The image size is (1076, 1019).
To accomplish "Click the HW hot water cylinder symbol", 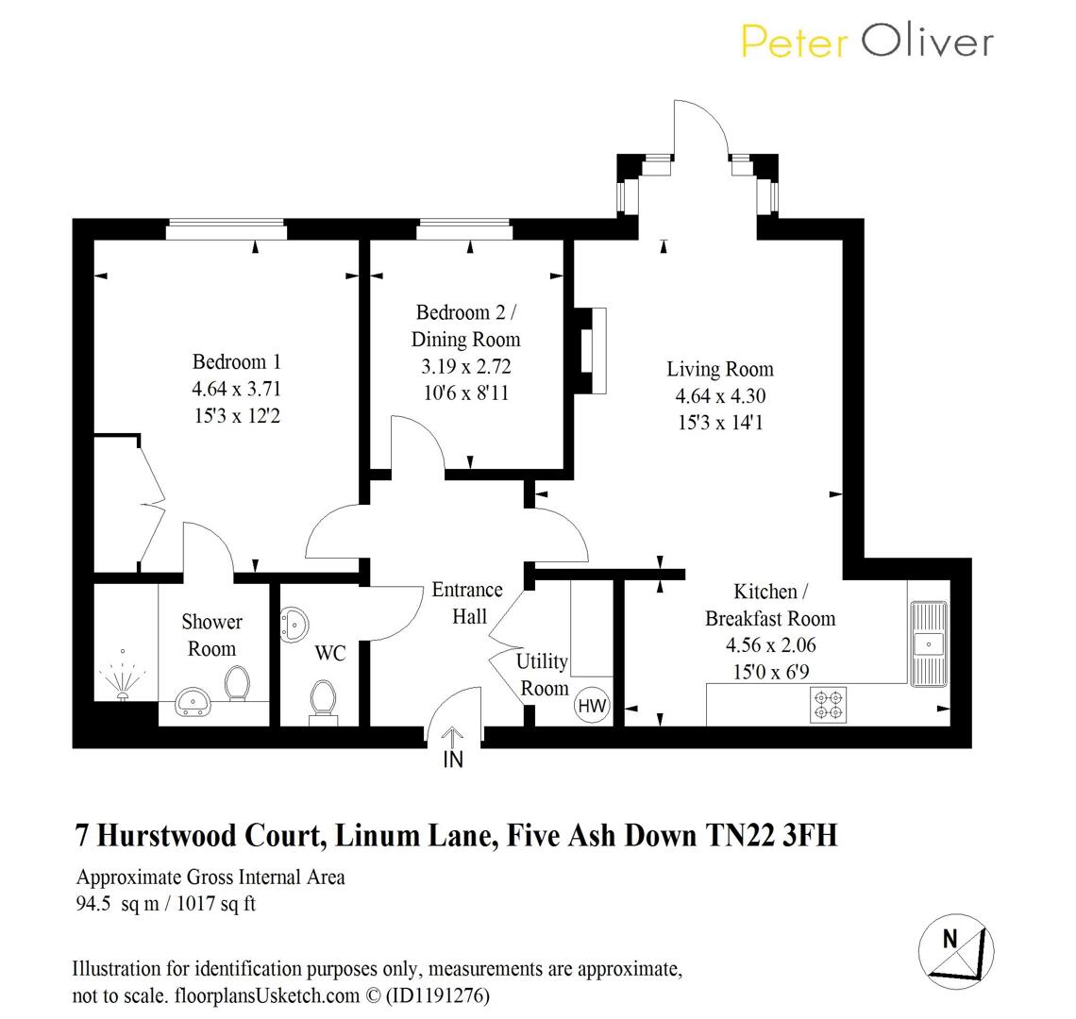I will tap(592, 705).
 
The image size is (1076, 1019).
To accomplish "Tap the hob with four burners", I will tap(828, 705).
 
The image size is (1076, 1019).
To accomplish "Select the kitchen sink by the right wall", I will tap(928, 643).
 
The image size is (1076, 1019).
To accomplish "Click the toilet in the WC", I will tap(324, 703).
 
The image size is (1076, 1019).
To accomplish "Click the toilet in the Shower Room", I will tap(237, 683).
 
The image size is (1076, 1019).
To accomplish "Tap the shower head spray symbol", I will tap(123, 674).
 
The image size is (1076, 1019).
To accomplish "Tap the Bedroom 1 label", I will tap(236, 361).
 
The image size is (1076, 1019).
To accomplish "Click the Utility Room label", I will tap(543, 674).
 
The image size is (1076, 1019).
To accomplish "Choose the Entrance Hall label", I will tap(467, 603).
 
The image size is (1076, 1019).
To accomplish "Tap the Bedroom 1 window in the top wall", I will tap(226, 226).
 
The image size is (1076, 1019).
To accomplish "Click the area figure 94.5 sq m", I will tap(107, 903).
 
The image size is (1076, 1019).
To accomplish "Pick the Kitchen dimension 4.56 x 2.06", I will tap(770, 645).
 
